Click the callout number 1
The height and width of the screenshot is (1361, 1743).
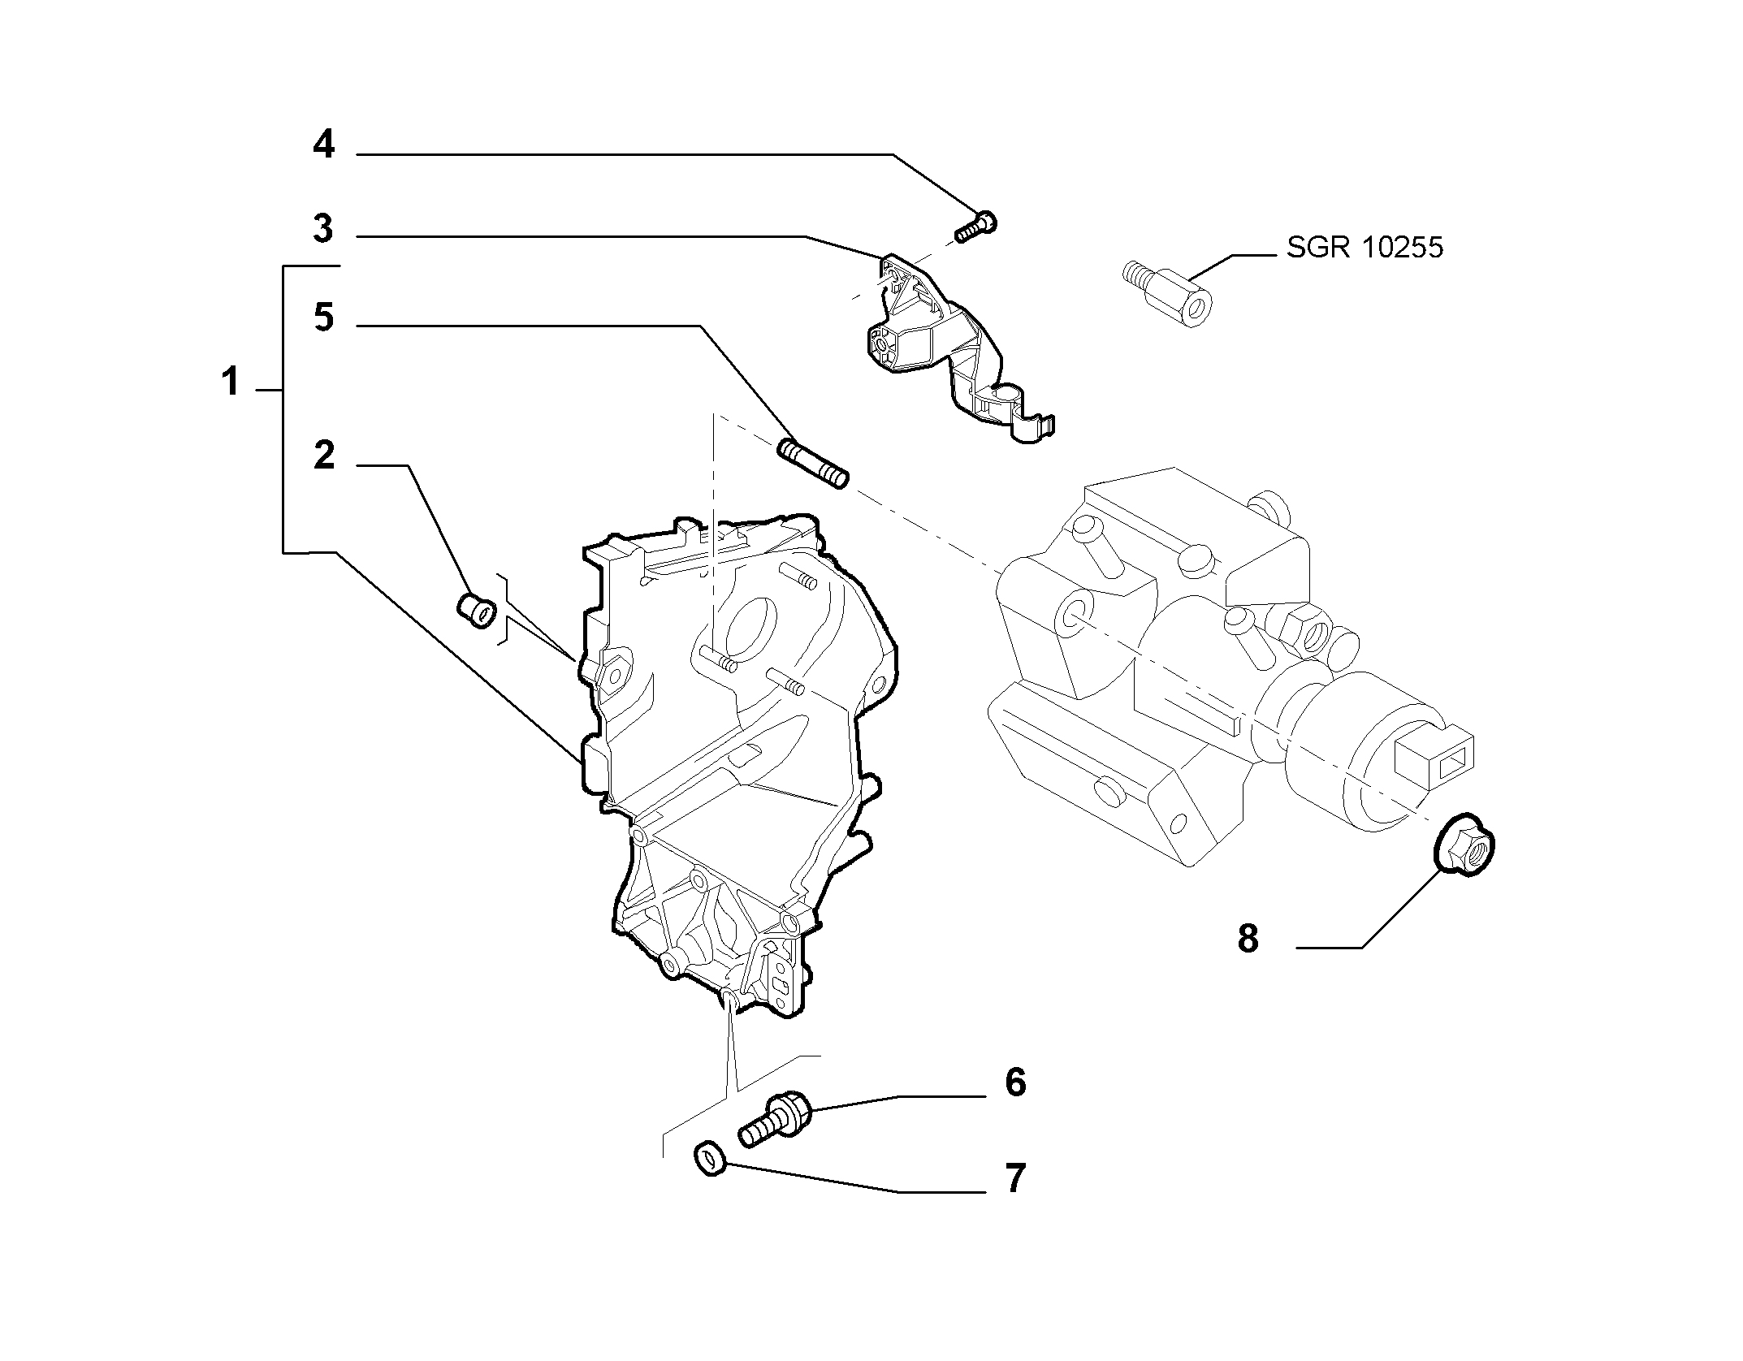coord(231,381)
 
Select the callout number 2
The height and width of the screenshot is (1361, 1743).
coord(323,456)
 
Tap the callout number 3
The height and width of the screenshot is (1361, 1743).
coord(323,229)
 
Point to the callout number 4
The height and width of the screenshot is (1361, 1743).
coord(323,145)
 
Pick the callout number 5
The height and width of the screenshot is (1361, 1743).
coord(323,317)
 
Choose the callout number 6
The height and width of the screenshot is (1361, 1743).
coord(1015,1082)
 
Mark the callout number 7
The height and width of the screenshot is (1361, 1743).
coord(1015,1177)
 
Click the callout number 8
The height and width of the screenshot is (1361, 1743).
coord(1248,938)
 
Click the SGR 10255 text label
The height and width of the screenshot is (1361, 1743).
coord(1365,248)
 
